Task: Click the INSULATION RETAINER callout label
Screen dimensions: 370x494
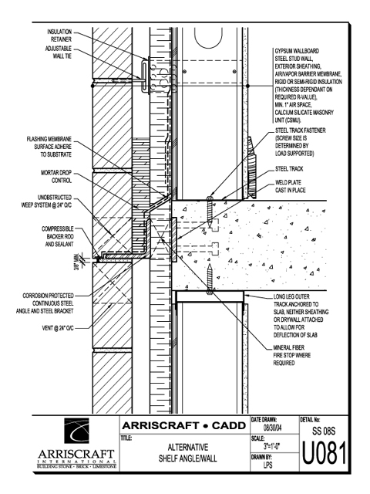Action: click(x=59, y=36)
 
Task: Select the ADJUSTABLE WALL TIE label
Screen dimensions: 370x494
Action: click(x=59, y=52)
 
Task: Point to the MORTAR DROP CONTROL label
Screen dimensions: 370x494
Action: click(x=56, y=177)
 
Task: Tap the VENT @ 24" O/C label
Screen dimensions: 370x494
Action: click(x=58, y=328)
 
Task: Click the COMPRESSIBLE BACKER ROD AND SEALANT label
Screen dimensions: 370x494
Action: click(x=58, y=236)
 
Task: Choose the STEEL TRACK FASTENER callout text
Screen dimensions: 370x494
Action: click(x=300, y=142)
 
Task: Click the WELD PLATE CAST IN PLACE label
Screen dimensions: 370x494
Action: click(x=290, y=186)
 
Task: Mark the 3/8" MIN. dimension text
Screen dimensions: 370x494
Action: click(x=76, y=262)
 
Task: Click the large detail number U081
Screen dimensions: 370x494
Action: click(x=324, y=453)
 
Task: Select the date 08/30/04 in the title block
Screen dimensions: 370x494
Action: click(x=272, y=428)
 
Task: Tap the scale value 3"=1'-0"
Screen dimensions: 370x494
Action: click(x=272, y=446)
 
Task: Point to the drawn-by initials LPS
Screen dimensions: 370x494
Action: click(x=267, y=465)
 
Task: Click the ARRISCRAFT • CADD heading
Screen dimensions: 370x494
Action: click(x=184, y=425)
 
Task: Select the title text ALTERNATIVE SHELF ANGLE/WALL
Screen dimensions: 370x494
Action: click(x=188, y=453)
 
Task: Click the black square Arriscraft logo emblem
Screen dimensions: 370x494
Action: click(x=77, y=431)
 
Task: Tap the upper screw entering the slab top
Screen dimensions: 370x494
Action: click(x=210, y=211)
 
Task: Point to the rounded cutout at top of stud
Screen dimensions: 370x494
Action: click(x=208, y=37)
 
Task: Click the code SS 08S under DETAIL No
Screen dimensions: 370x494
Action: click(x=324, y=431)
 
